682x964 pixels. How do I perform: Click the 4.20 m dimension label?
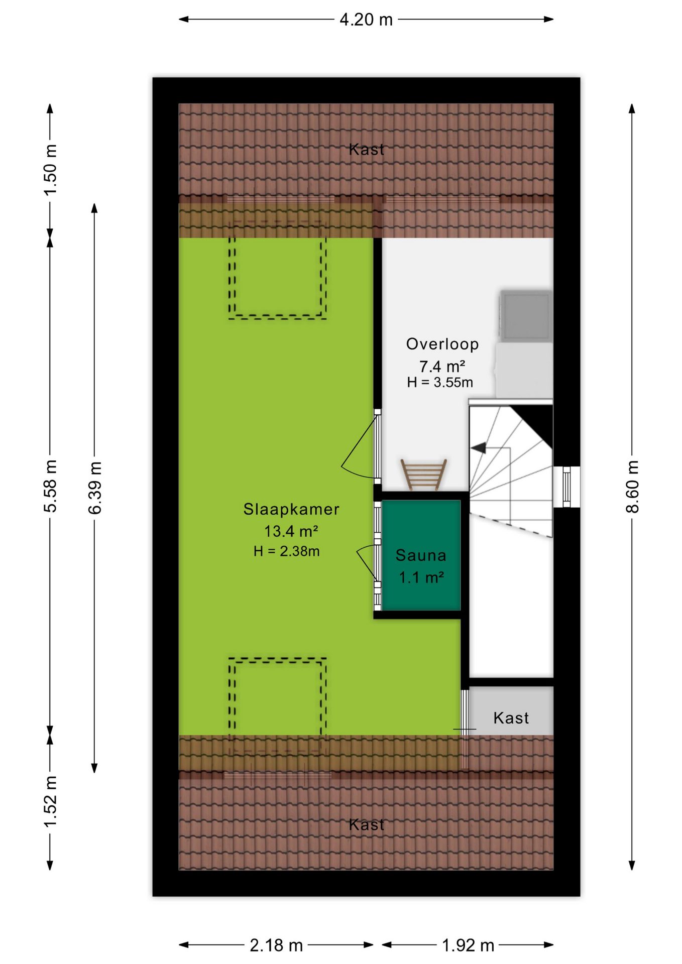[366, 20]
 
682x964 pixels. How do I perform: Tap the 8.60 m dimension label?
[632, 486]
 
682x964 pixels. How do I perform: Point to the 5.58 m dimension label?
[50, 486]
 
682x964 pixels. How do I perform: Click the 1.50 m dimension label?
[50, 170]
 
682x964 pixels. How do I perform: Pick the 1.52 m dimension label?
[50, 801]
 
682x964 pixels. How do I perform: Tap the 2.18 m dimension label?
[276, 945]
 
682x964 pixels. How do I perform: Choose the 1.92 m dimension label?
[468, 945]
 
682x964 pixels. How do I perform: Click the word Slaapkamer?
[291, 509]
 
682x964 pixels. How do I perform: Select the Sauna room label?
[421, 555]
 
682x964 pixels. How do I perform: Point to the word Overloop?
[442, 344]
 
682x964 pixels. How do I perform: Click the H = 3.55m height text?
[440, 383]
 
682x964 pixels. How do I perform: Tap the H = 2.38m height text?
[286, 551]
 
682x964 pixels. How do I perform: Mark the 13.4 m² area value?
[291, 531]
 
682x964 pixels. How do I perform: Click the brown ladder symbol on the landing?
[424, 474]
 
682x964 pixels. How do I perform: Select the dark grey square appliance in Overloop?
[526, 315]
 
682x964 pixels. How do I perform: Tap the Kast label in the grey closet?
[511, 718]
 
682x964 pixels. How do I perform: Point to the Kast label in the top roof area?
[367, 149]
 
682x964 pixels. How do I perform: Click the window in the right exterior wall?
[566, 487]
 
